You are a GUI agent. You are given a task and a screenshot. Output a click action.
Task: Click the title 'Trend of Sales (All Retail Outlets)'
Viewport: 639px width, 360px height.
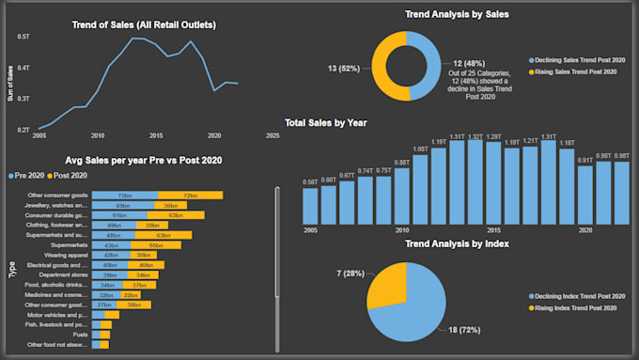[144, 24]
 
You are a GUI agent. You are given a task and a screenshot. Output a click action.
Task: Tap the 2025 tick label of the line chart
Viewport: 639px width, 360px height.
[273, 135]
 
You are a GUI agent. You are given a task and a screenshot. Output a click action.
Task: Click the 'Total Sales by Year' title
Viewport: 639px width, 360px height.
[325, 122]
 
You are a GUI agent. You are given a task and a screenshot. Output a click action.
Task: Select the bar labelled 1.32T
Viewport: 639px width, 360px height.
[476, 182]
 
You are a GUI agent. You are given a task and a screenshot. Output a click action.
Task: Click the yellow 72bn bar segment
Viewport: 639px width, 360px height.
[203, 195]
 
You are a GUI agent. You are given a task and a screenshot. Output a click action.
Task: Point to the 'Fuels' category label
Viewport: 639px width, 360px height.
[81, 335]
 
